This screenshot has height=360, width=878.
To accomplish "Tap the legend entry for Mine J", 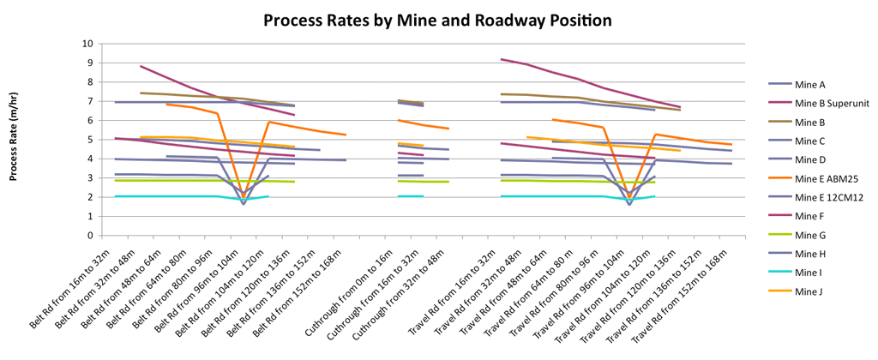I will (794, 291).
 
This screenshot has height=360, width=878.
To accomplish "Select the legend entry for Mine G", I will (795, 235).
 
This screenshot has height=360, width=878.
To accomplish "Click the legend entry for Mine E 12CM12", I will (811, 197).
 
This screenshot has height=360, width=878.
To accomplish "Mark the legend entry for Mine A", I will (795, 85).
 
